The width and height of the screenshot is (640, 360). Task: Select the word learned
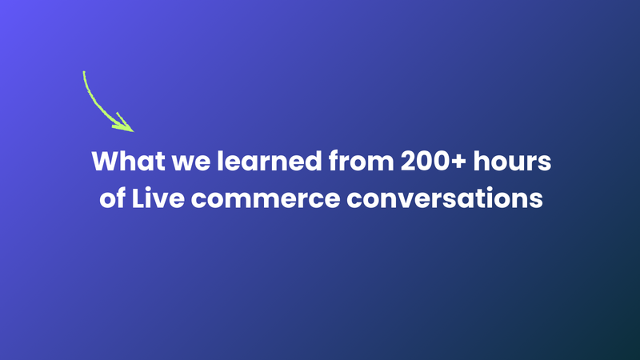coord(243,161)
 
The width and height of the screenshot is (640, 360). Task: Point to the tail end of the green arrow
coord(84,74)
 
